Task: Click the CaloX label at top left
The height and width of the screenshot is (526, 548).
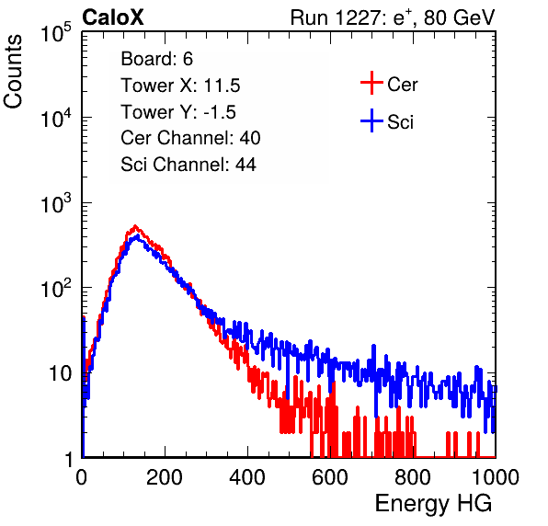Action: point(112,17)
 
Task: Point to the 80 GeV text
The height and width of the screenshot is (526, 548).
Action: point(459,17)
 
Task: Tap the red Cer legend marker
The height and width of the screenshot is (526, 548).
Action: point(371,83)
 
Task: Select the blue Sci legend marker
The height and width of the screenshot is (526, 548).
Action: point(371,121)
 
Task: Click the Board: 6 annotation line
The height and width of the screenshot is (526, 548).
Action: point(157,59)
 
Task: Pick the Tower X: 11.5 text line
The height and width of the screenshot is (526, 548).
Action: point(180,86)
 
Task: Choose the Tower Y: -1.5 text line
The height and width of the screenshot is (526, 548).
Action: point(178,112)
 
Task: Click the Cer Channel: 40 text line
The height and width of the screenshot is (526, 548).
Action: point(190,138)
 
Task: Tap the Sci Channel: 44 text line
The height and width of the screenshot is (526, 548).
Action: point(188,165)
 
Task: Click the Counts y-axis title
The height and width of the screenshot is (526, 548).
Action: point(13,71)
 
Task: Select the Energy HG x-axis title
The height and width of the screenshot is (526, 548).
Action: point(433,504)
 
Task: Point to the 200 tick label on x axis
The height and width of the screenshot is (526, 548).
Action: point(165,477)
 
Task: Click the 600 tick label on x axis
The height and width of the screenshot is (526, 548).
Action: point(329,477)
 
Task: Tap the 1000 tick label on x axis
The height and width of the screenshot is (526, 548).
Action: point(496,477)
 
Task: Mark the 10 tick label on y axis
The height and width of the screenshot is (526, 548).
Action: point(61,373)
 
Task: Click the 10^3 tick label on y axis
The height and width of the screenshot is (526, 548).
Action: point(56,203)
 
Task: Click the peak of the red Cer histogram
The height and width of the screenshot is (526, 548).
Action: point(135,226)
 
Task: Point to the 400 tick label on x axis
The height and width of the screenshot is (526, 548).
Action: point(247,477)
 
